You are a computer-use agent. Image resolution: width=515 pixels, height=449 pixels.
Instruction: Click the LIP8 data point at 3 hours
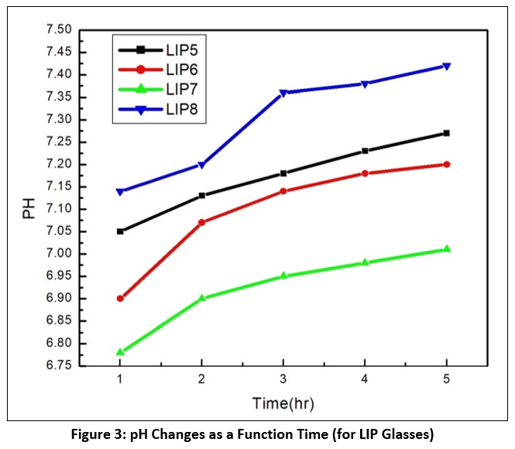[283, 93]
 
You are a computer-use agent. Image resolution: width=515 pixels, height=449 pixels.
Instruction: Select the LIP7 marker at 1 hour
[120, 352]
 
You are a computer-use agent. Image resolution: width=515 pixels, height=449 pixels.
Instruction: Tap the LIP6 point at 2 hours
[201, 222]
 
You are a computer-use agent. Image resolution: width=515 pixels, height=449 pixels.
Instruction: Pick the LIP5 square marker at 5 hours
[447, 133]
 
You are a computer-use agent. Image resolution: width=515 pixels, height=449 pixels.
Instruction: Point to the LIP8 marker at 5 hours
[447, 66]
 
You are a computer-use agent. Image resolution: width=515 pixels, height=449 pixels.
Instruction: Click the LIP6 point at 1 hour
[120, 298]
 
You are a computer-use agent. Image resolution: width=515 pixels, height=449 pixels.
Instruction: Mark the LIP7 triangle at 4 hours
[366, 262]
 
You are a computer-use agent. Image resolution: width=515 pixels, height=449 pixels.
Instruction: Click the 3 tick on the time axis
[283, 379]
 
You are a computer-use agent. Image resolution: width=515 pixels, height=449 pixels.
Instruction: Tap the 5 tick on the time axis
[447, 379]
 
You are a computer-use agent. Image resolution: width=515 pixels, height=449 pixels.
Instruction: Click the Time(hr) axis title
[283, 403]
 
